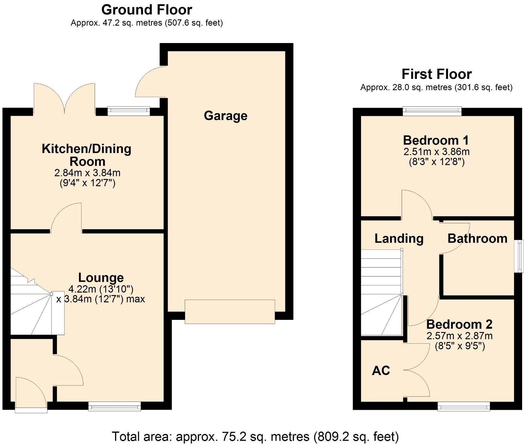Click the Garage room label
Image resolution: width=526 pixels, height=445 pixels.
[x=226, y=116]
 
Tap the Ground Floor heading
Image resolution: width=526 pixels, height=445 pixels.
[x=147, y=10]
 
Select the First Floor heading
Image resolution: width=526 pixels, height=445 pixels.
[x=437, y=74]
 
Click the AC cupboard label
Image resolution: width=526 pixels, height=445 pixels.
[x=381, y=371]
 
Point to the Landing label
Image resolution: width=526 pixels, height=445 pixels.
[x=399, y=238]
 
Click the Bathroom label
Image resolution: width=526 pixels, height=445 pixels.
[x=478, y=238]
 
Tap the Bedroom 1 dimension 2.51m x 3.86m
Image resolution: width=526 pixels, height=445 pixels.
[x=437, y=152]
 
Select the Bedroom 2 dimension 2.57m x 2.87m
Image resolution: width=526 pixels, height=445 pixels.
[x=460, y=336]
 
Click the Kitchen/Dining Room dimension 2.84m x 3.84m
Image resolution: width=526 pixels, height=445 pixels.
[x=88, y=173]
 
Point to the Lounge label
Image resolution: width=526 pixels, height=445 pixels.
[x=101, y=278]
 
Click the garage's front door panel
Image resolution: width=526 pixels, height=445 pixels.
[x=230, y=312]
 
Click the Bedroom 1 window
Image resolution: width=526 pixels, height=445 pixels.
[x=432, y=111]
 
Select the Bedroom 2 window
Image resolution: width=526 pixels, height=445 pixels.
[x=464, y=406]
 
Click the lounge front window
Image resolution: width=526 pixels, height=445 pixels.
[x=114, y=406]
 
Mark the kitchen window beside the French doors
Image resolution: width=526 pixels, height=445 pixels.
[x=129, y=111]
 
